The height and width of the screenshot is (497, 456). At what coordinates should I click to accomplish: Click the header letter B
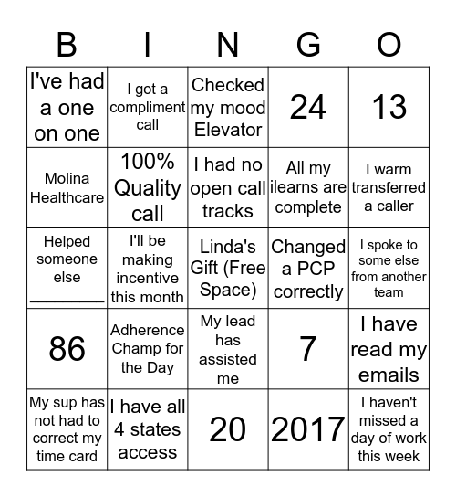coord(67,45)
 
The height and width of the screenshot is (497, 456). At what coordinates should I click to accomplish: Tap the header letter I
coord(148,45)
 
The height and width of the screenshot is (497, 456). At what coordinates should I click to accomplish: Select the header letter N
coord(228,45)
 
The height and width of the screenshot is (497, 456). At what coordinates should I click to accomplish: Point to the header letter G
coord(308,45)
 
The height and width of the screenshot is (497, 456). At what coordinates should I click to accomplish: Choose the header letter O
coord(389,45)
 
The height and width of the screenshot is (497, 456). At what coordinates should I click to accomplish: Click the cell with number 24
coord(308,107)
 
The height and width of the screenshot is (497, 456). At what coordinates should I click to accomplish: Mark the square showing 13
coord(389,107)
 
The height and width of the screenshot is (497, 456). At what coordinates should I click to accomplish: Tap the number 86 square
coord(67,349)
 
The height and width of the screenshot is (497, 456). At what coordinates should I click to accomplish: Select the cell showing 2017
coord(308,429)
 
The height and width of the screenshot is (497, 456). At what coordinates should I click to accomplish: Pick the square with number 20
coord(228,429)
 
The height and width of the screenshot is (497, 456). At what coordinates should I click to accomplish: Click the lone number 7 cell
coord(308,349)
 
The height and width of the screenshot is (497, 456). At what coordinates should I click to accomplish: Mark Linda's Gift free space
coord(228,269)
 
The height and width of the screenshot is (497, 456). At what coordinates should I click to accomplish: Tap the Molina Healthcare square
coord(67,187)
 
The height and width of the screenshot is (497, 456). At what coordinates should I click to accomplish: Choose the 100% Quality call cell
coord(148,187)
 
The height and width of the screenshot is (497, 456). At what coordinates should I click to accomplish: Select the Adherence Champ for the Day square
coord(148,349)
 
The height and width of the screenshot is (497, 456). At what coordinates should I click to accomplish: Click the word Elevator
coord(228,130)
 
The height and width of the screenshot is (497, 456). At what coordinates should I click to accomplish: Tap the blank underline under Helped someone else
coord(67,298)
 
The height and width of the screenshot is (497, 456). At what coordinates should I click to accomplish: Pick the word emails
coord(389,375)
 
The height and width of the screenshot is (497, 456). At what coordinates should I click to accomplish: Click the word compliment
coord(148,107)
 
